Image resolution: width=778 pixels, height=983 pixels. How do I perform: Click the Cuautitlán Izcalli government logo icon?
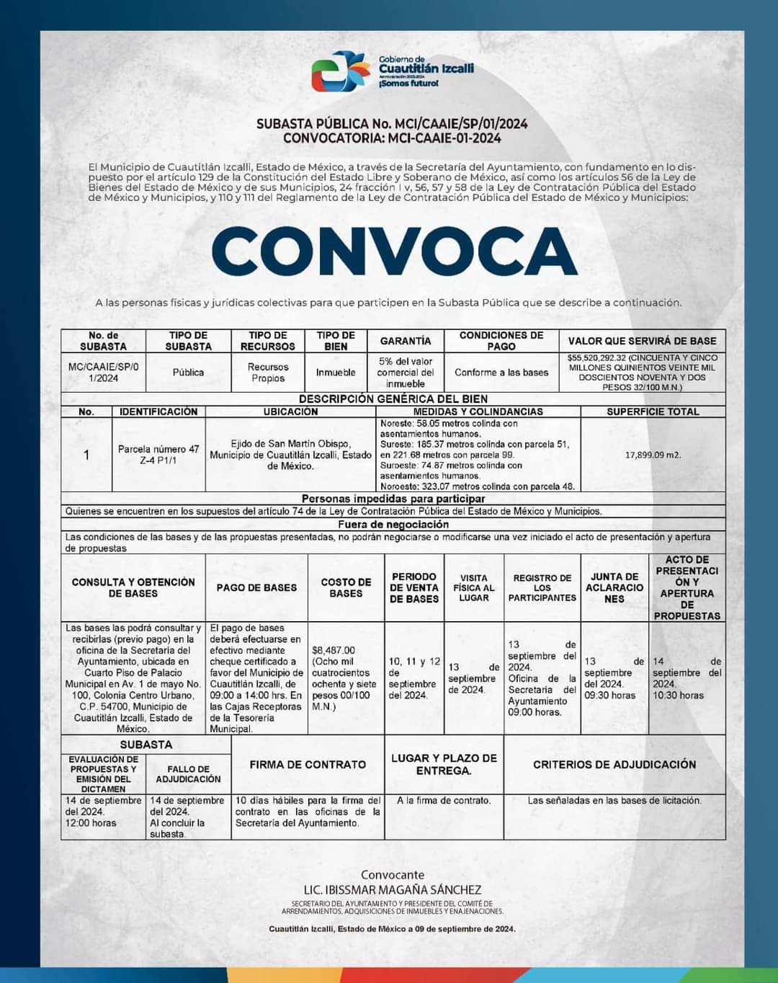[340, 71]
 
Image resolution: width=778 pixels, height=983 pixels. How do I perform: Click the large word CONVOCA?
[394, 251]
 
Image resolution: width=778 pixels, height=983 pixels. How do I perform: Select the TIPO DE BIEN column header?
[336, 341]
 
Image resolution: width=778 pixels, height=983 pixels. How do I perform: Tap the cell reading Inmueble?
[336, 373]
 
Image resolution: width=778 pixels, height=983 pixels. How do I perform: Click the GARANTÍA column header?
[406, 341]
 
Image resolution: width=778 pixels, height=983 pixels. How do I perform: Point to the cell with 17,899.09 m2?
[653, 455]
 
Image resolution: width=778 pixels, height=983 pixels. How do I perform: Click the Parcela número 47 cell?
[158, 454]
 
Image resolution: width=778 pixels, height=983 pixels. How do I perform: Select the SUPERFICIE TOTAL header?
[653, 412]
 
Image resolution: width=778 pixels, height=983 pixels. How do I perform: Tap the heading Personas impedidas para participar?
[393, 499]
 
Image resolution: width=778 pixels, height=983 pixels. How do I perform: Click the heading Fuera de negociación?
[393, 525]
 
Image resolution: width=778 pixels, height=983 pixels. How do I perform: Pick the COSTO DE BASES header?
[346, 587]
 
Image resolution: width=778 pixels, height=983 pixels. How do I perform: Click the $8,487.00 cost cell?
[345, 678]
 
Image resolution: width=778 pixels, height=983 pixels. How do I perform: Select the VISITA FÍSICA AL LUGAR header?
[474, 587]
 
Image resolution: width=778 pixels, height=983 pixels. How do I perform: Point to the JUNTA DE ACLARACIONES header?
[614, 587]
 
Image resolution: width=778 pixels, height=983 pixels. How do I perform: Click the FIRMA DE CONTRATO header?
[308, 764]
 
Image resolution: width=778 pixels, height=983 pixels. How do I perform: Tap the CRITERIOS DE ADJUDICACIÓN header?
[614, 764]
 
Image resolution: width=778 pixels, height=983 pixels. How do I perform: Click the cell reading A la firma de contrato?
[444, 801]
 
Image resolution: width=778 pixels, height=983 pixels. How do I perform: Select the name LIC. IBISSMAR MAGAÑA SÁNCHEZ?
[393, 890]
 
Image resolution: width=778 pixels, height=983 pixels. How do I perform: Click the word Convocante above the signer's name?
[393, 875]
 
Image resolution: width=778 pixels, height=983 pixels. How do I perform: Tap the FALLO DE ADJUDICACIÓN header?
[189, 774]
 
